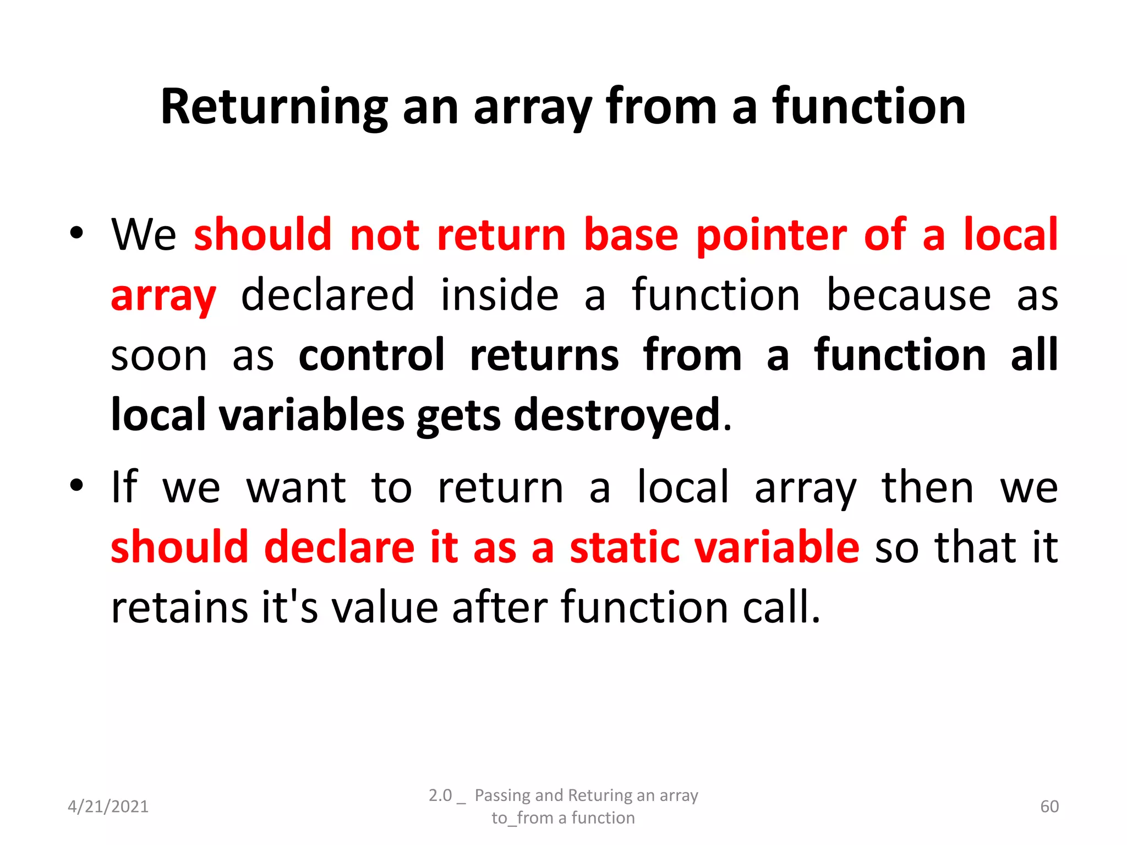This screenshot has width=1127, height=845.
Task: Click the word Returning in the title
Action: tap(274, 107)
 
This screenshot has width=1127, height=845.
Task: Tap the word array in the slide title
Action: tap(533, 107)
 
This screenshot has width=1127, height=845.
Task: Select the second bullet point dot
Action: tap(76, 485)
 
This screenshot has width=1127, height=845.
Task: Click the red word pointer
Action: tap(772, 235)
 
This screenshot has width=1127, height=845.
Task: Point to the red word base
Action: tap(631, 235)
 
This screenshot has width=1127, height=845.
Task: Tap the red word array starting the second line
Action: tap(163, 296)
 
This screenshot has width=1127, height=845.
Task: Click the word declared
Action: tap(328, 296)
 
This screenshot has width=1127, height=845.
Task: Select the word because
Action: tap(909, 296)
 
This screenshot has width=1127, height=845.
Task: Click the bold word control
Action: tap(371, 355)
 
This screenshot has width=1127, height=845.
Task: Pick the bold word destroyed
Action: tap(617, 415)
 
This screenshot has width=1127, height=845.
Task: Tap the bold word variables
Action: tap(312, 415)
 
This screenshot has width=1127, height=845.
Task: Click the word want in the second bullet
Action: tap(296, 488)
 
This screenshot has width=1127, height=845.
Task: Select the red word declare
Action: tap(339, 547)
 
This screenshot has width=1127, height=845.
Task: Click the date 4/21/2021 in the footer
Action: tap(108, 806)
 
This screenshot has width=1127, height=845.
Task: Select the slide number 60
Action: tap(1049, 806)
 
